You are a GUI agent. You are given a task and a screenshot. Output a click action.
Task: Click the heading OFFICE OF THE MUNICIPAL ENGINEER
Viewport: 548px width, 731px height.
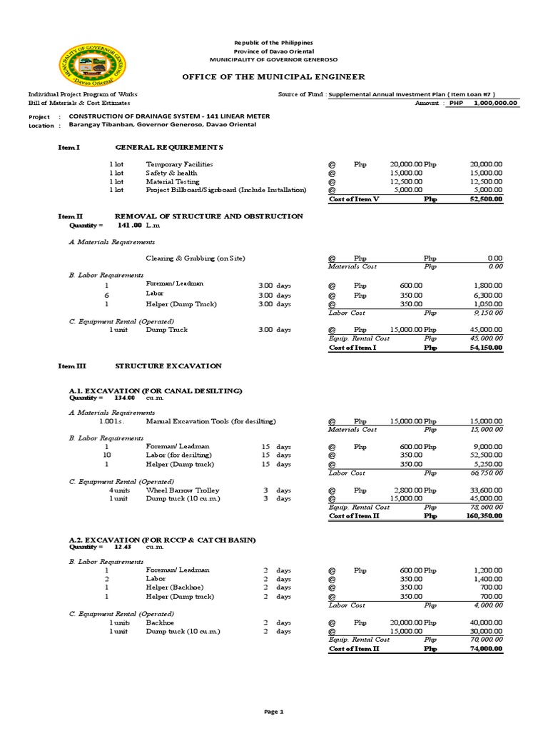274,76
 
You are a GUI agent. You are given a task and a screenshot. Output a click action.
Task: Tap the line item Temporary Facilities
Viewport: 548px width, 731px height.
179,164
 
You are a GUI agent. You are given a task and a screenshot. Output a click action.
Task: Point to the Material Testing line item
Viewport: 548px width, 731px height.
172,181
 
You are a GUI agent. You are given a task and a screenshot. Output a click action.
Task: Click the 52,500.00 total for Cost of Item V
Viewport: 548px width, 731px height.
485,199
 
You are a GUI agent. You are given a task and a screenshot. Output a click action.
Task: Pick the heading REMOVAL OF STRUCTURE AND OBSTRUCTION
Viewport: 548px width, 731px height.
209,216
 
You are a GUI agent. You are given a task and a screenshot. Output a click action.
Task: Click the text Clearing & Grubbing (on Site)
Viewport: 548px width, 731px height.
200,258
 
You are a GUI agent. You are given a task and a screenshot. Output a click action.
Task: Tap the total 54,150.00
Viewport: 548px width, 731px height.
485,348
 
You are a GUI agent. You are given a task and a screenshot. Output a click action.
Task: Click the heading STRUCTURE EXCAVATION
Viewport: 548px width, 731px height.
168,366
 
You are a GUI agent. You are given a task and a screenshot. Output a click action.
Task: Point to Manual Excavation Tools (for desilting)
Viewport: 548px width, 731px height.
210,421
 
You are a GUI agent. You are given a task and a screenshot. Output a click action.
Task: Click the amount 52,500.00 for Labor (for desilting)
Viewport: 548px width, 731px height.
485,455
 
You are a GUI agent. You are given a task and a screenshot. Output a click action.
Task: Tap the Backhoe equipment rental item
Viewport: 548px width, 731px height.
160,622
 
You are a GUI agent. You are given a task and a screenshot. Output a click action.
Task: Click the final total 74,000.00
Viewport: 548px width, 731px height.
485,649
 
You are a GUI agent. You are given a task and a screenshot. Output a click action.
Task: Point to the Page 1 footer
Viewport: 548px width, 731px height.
274,712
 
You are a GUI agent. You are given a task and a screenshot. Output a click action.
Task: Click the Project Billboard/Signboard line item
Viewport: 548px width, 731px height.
225,191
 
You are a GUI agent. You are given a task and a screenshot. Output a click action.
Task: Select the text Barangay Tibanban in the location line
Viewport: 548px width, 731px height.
100,125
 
